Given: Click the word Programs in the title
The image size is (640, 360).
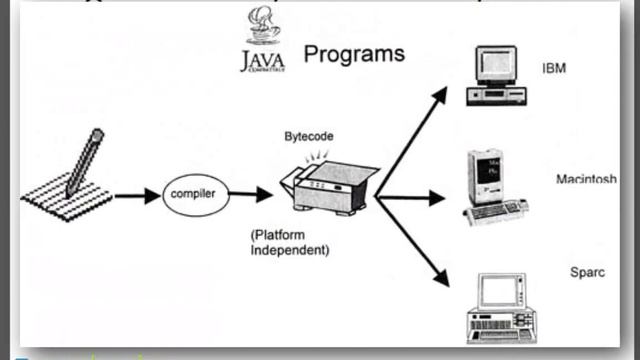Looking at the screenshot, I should [354, 54].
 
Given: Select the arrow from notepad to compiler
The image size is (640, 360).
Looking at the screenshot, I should [136, 195].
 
